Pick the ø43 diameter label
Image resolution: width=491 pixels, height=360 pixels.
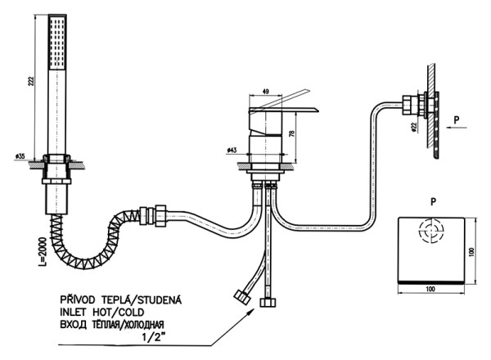click(232, 150)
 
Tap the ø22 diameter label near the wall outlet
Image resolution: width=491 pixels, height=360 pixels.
click(414, 127)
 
